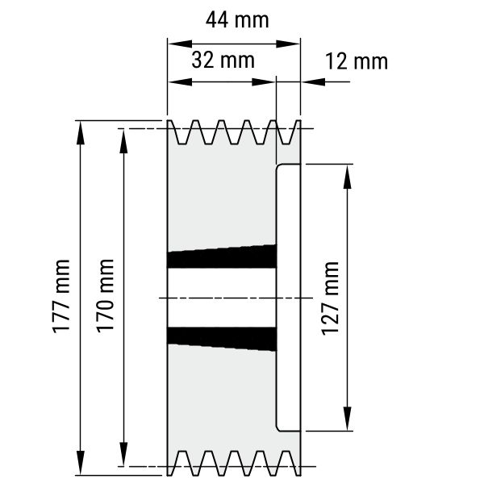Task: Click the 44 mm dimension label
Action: pos(237,20)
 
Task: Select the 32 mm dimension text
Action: pos(223,60)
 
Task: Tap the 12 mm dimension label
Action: pos(357,61)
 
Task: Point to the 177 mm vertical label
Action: pos(61,296)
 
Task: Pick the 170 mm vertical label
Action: pos(105,296)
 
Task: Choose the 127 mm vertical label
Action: pos(330,298)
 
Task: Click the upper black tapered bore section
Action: pos(222,257)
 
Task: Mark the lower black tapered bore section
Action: pos(222,339)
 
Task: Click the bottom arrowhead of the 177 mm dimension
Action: pos(81,462)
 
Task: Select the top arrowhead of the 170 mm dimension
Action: pos(123,141)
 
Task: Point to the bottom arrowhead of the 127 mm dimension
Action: pos(348,418)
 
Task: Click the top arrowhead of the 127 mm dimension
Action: pos(348,177)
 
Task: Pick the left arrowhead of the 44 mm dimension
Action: pos(180,44)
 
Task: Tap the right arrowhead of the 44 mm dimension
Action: pos(288,44)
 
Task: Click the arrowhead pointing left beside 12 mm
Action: pos(313,81)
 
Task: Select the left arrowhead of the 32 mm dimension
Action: pos(180,81)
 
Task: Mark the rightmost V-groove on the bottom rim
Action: pos(285,463)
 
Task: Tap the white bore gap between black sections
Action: pos(222,298)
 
